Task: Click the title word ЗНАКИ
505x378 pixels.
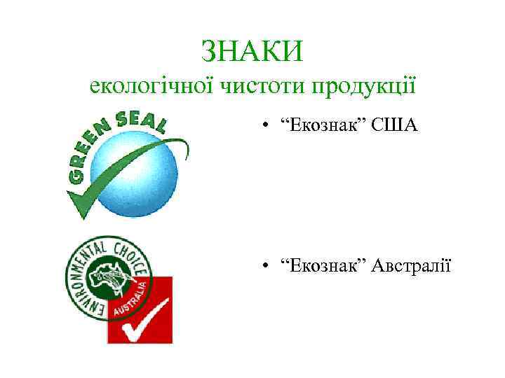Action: click(x=252, y=50)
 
